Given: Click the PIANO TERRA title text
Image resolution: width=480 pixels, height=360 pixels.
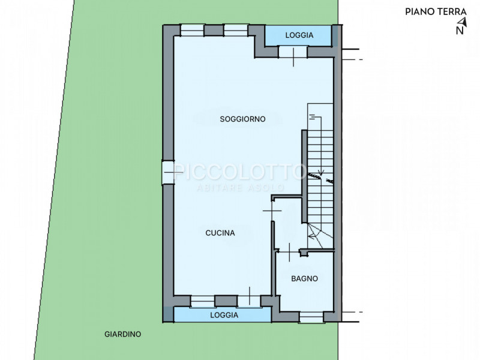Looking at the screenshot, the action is (x=436, y=12).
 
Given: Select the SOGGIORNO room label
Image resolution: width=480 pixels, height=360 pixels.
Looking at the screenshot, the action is (x=242, y=119).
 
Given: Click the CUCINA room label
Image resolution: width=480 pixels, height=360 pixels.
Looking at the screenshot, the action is (x=220, y=233).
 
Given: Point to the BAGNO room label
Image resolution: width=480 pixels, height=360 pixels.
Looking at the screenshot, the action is (x=304, y=278).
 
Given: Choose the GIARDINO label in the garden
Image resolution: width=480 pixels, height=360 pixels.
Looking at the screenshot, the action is (x=123, y=334).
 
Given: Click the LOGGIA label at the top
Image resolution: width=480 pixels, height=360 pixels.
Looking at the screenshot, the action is (x=299, y=35).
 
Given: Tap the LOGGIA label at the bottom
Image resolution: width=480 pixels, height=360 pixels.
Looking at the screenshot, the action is (x=224, y=315).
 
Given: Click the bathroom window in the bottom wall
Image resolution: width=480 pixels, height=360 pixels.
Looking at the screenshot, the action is (x=311, y=317).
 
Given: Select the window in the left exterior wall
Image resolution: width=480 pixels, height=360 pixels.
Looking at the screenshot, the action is (x=168, y=173).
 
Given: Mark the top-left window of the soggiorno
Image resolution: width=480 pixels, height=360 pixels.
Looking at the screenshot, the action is (x=192, y=31).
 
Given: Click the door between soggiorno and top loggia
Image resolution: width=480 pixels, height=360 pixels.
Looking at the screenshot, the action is (x=293, y=52).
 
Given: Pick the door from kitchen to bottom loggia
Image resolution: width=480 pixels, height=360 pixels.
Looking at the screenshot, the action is (x=249, y=301).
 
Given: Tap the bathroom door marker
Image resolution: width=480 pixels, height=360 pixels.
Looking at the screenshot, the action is (x=289, y=251).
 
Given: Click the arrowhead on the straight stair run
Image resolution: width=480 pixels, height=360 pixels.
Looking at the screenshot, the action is (x=320, y=173).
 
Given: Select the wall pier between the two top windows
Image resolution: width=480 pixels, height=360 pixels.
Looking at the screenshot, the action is (x=214, y=31).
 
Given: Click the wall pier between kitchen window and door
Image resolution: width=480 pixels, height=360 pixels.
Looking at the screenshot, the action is (x=226, y=301).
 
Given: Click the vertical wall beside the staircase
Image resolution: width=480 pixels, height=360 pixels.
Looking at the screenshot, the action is (x=304, y=176).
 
